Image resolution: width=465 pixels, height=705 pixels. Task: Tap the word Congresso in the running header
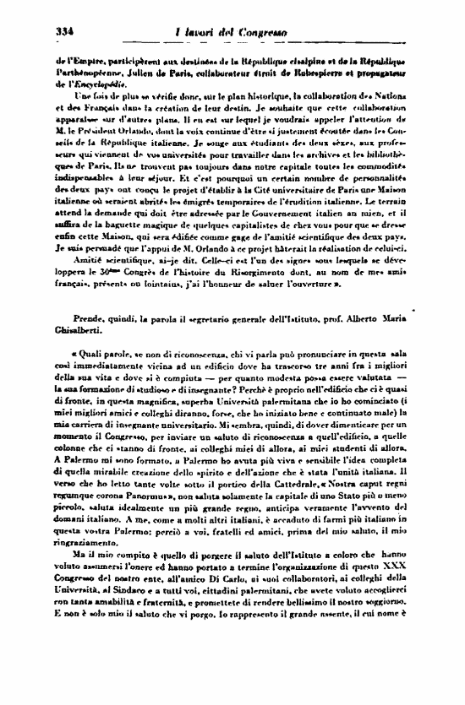[263, 32]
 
